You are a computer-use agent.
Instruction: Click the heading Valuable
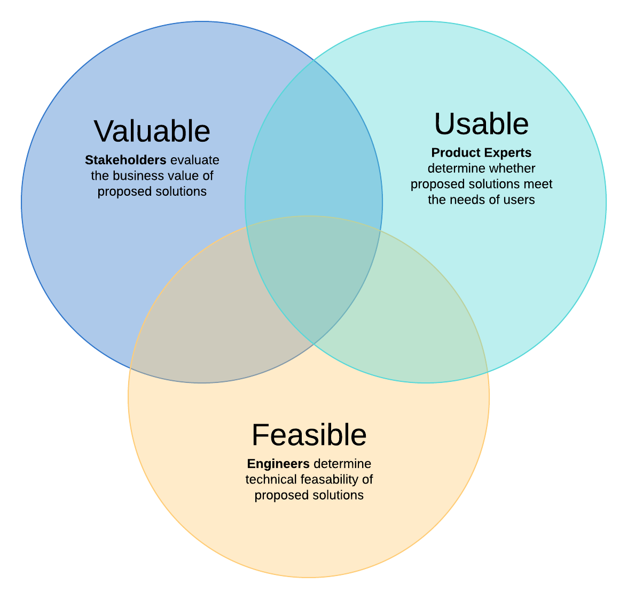pyautogui.click(x=152, y=131)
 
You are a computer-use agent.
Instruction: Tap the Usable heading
pyautogui.click(x=481, y=124)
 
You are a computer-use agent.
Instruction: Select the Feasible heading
pyautogui.click(x=309, y=435)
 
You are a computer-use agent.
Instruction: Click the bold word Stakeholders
pyautogui.click(x=126, y=160)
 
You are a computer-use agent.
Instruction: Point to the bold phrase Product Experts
pyautogui.click(x=481, y=153)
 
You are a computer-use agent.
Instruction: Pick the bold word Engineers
pyautogui.click(x=278, y=464)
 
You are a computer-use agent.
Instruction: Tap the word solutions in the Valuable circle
pyautogui.click(x=182, y=191)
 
